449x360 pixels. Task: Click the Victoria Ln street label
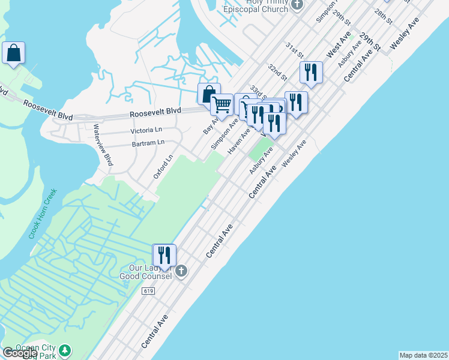coord(146,130)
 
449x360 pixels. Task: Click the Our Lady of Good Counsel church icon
coord(181,272)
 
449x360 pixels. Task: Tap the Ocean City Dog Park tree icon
coord(65,350)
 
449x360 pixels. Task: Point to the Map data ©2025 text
coord(423,355)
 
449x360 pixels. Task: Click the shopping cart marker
coord(222,105)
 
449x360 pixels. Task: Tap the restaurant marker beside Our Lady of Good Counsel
coord(164,255)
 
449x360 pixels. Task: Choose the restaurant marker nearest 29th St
coord(311,72)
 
